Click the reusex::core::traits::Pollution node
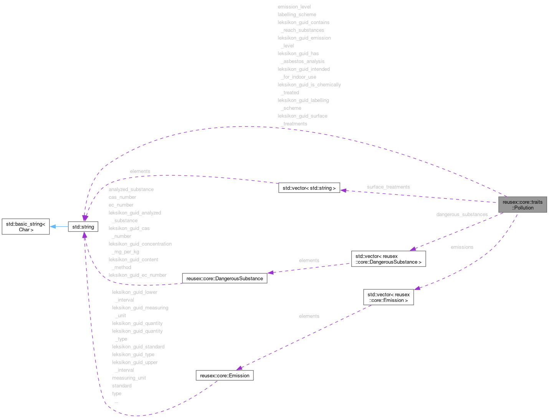(x=523, y=205)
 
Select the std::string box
(x=83, y=227)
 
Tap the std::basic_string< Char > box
(x=26, y=227)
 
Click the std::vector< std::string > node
(x=309, y=188)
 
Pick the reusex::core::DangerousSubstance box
(x=225, y=278)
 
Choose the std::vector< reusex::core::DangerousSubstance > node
(x=388, y=259)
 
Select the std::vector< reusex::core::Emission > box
(x=389, y=297)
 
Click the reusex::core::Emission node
(x=225, y=375)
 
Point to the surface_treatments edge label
(x=388, y=187)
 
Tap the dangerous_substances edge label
(x=462, y=214)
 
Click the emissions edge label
(x=462, y=247)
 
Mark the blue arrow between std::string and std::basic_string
(x=59, y=227)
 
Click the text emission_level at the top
(x=294, y=7)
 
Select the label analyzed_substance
(x=131, y=189)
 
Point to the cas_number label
(x=122, y=197)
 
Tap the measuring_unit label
(x=129, y=378)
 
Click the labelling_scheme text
(x=297, y=15)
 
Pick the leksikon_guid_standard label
(x=138, y=347)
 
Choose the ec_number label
(x=121, y=205)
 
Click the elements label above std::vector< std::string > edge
(x=140, y=171)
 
